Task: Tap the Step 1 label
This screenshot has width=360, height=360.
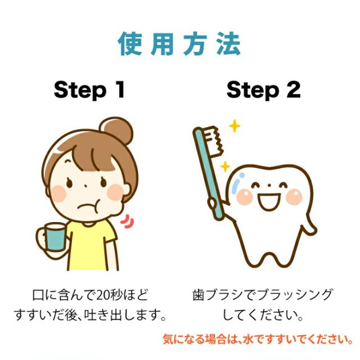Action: (x=89, y=90)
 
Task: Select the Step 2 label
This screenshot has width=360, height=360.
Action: (x=263, y=90)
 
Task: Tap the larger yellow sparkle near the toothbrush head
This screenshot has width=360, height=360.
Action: (x=235, y=126)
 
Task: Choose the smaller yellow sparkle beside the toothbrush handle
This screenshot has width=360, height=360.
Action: (x=225, y=167)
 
